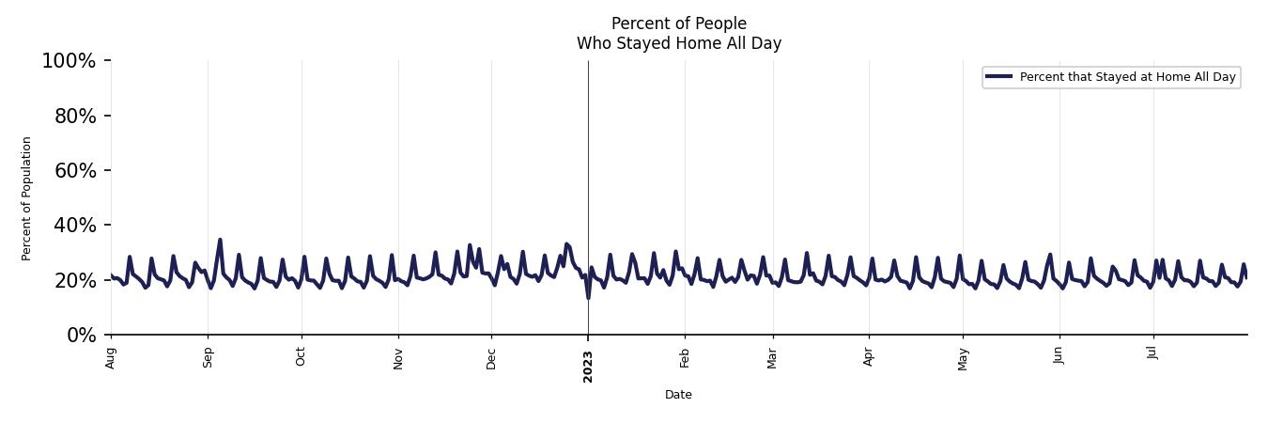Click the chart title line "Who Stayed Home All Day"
tap(678, 43)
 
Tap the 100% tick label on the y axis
tap(69, 61)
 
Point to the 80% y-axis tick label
tap(73, 116)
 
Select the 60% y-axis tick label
tap(73, 170)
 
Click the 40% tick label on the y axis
tap(73, 225)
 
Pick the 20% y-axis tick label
tap(73, 280)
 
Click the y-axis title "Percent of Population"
tap(27, 198)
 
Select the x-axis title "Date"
tap(678, 395)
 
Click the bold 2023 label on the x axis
tap(588, 366)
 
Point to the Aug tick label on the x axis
tap(111, 357)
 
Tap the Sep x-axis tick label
tap(208, 357)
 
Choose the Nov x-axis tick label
tap(398, 357)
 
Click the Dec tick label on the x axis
tap(491, 357)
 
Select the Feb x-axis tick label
tap(685, 357)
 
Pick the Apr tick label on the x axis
tap(869, 357)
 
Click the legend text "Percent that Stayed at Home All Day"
tap(1127, 77)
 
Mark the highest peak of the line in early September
tap(220, 240)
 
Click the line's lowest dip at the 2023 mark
tap(588, 298)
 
